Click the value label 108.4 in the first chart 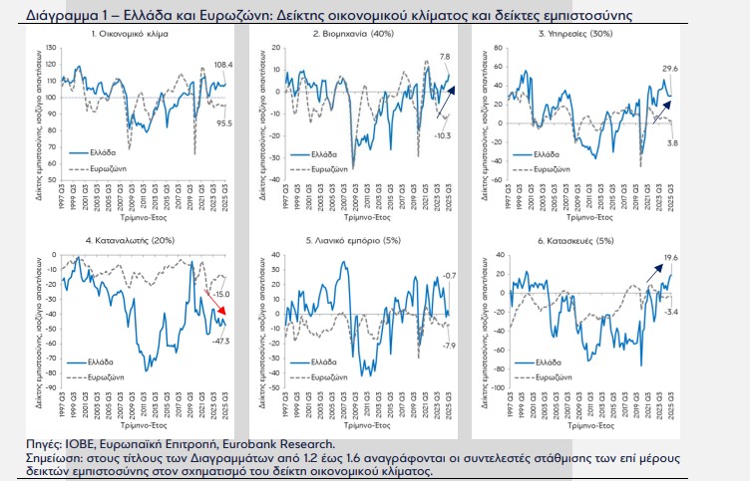tap(222, 65)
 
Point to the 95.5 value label tap(224, 123)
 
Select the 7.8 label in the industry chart tap(446, 57)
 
